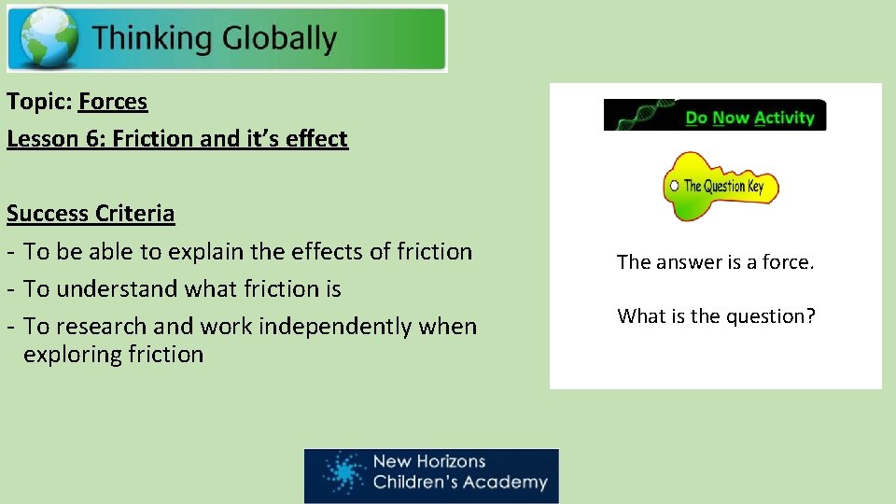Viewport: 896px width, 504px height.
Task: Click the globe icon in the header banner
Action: [45, 39]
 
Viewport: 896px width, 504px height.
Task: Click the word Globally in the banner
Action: [279, 39]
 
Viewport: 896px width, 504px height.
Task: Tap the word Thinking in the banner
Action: [153, 39]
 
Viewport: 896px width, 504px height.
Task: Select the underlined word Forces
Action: [113, 101]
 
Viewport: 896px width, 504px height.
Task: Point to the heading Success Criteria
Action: [91, 214]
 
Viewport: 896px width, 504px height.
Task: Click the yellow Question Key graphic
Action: [720, 186]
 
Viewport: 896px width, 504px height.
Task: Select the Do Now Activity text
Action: [749, 118]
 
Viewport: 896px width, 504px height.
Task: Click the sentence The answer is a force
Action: [716, 262]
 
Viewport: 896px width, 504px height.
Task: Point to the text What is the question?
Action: [716, 316]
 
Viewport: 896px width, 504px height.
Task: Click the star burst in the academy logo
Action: [344, 473]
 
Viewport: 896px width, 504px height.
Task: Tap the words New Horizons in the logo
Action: [428, 461]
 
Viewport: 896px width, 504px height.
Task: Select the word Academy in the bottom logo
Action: [509, 483]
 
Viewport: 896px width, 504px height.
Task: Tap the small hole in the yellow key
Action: [674, 186]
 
